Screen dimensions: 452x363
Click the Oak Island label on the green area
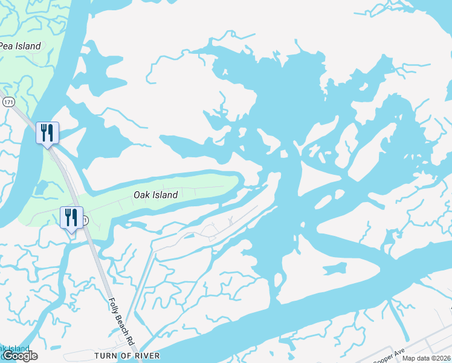pyautogui.click(x=155, y=195)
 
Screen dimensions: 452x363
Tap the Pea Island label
pyautogui.click(x=20, y=46)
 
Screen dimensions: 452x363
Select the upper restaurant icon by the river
pyautogui.click(x=47, y=132)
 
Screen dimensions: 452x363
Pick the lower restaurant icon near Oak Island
pyautogui.click(x=71, y=217)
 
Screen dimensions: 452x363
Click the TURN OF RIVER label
pyautogui.click(x=127, y=355)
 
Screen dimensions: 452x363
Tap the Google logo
pyautogui.click(x=19, y=356)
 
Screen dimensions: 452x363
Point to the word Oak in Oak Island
pyautogui.click(x=141, y=195)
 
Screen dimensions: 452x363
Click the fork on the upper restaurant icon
pyautogui.click(x=44, y=131)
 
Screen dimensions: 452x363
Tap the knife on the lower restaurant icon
pyautogui.click(x=75, y=216)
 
